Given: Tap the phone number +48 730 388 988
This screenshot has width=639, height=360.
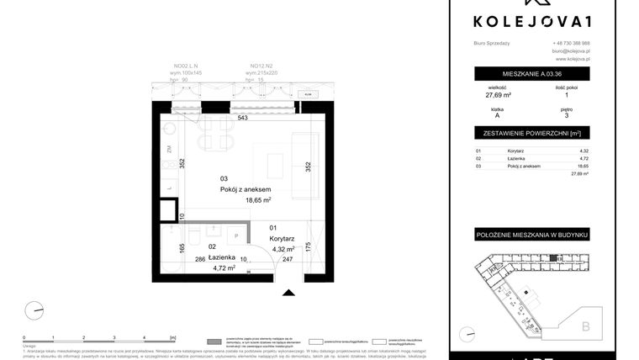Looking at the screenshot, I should coord(571,43).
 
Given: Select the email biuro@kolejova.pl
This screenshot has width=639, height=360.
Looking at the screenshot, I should coord(571,51).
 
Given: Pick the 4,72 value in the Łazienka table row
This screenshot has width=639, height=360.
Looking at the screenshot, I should coord(584,158).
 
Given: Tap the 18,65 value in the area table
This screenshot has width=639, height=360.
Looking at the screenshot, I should coord(584,166).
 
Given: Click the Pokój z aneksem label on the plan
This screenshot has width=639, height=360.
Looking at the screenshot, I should coord(245,189).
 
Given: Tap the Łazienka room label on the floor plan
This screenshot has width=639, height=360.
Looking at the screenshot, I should coord(208,257).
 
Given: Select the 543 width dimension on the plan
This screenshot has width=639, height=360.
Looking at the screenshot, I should coord(242,119).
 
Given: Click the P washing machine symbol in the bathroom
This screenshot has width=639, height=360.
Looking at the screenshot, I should coord(236,236).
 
